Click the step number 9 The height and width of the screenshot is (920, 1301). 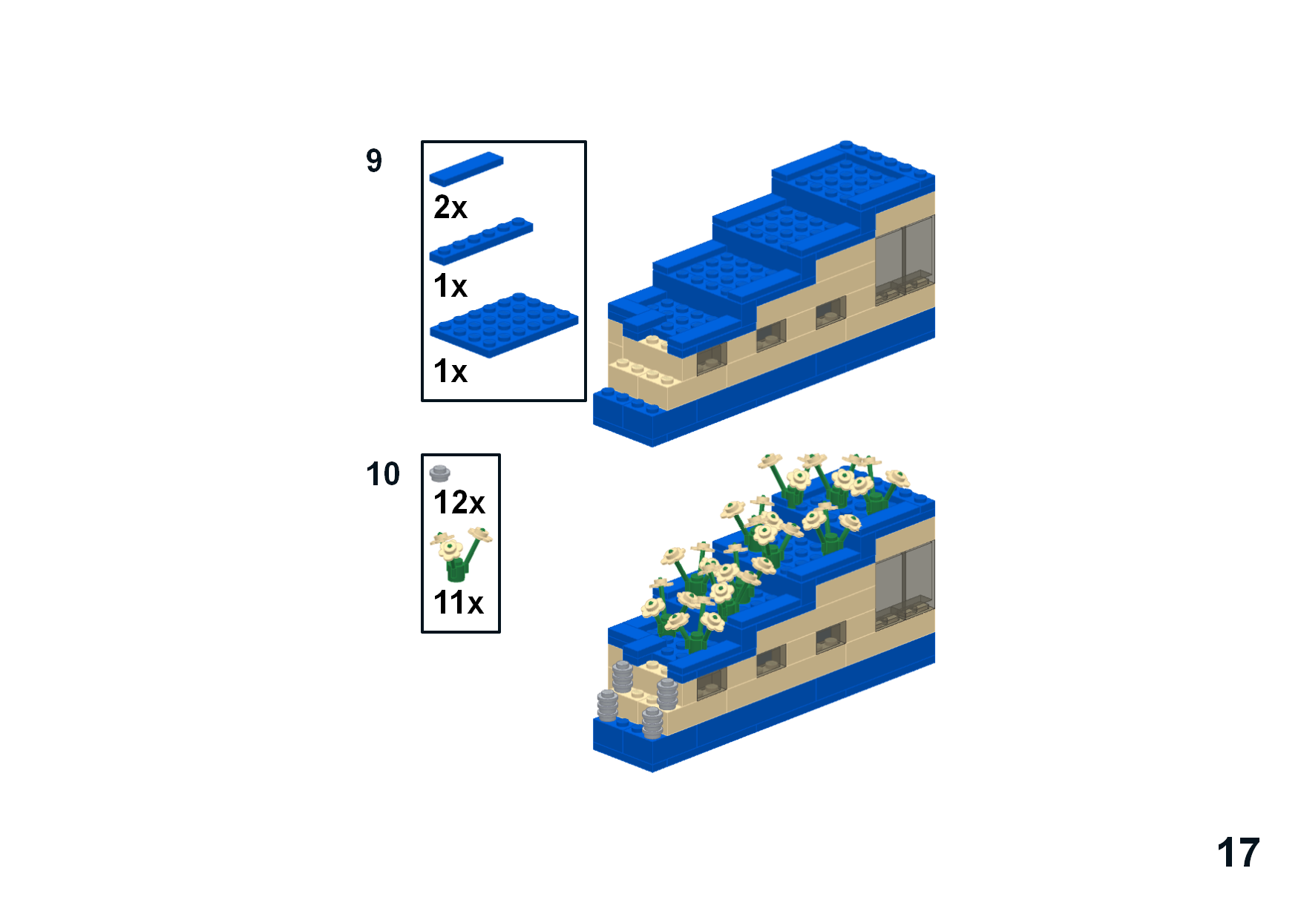click(x=374, y=160)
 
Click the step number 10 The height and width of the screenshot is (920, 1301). click(x=383, y=474)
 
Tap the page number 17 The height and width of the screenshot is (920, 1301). click(x=1238, y=852)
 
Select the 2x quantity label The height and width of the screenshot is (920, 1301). click(x=450, y=207)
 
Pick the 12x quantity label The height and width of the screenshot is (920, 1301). click(x=459, y=502)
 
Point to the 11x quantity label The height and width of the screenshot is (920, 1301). click(x=459, y=602)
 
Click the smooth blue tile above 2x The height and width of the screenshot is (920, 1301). click(x=466, y=168)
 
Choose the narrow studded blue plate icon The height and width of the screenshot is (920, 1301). click(x=481, y=241)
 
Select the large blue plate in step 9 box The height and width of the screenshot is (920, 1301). click(x=504, y=325)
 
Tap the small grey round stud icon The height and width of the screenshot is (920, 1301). click(x=439, y=473)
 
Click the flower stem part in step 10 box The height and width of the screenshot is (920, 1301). click(x=460, y=554)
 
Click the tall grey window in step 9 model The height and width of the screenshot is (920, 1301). click(x=905, y=260)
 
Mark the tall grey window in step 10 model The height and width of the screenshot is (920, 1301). click(x=905, y=585)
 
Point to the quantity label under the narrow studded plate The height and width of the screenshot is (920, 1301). click(x=450, y=286)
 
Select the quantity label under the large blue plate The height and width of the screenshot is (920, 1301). click(x=450, y=372)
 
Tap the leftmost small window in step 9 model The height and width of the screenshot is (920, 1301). click(x=712, y=358)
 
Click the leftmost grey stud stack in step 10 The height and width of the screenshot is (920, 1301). click(x=607, y=706)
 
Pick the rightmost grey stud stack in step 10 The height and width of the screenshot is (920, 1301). click(x=666, y=694)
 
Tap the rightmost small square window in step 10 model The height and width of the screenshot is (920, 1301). click(x=830, y=638)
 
